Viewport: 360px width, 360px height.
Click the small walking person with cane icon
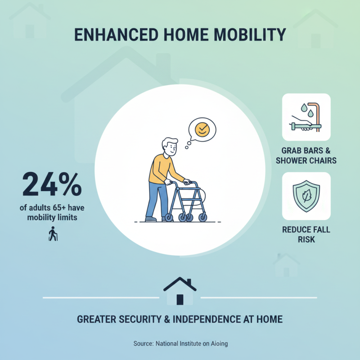pyautogui.click(x=53, y=235)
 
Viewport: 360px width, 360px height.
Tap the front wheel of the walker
pyautogui.click(x=203, y=217)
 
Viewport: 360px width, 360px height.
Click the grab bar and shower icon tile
pyautogui.click(x=306, y=117)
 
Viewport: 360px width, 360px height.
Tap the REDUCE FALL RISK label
pyautogui.click(x=306, y=234)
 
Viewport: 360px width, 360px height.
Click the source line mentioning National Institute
pyautogui.click(x=180, y=344)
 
